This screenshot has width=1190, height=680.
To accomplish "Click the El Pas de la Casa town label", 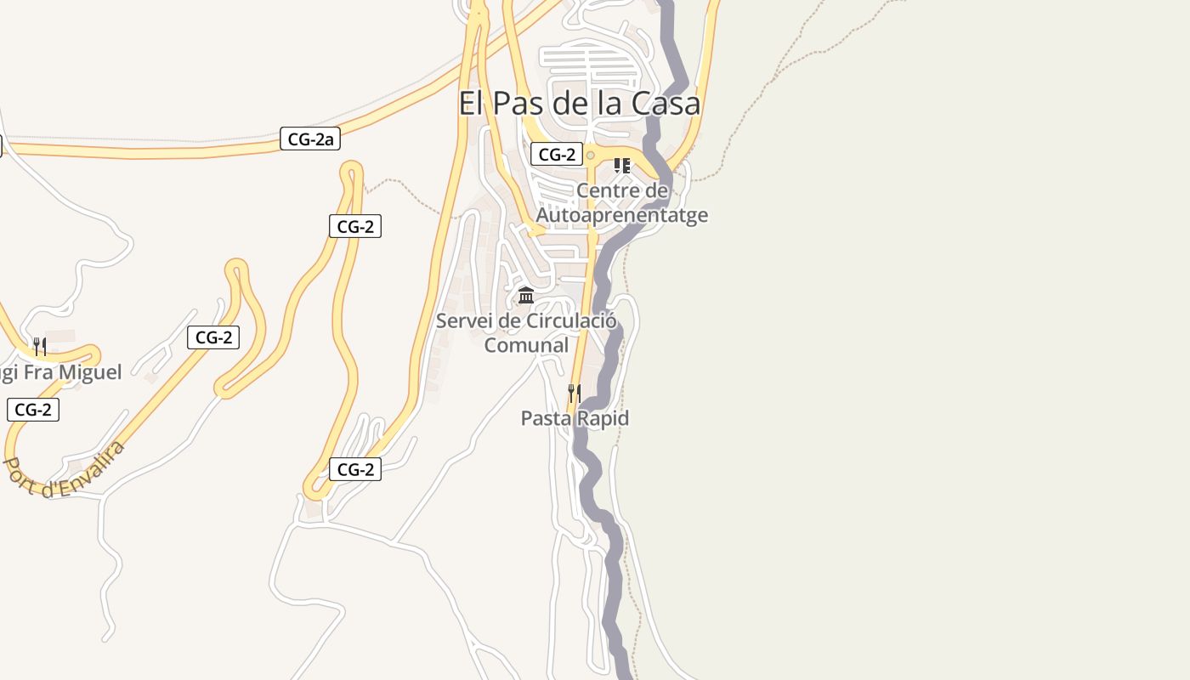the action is pyautogui.click(x=579, y=103).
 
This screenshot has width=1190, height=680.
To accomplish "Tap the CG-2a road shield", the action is pyautogui.click(x=310, y=139).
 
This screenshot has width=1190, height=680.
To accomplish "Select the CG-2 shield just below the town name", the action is pyautogui.click(x=557, y=154).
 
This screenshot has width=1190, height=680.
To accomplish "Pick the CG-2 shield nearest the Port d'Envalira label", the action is pyautogui.click(x=33, y=410).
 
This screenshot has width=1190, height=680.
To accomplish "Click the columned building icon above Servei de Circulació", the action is pyautogui.click(x=526, y=296).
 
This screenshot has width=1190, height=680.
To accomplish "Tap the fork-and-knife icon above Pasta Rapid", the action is pyautogui.click(x=575, y=393).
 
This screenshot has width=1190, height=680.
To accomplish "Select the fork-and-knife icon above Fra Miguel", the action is pyautogui.click(x=39, y=347).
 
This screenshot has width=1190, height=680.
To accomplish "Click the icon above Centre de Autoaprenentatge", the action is pyautogui.click(x=621, y=165).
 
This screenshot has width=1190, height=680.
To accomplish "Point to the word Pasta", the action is pyautogui.click(x=547, y=418).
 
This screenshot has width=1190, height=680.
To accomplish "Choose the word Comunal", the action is pyautogui.click(x=526, y=345).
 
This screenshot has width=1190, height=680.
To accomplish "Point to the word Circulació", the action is pyautogui.click(x=570, y=320).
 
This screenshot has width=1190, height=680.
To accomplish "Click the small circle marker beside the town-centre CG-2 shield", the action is pyautogui.click(x=590, y=155).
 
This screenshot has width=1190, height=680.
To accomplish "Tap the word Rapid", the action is pyautogui.click(x=602, y=418).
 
